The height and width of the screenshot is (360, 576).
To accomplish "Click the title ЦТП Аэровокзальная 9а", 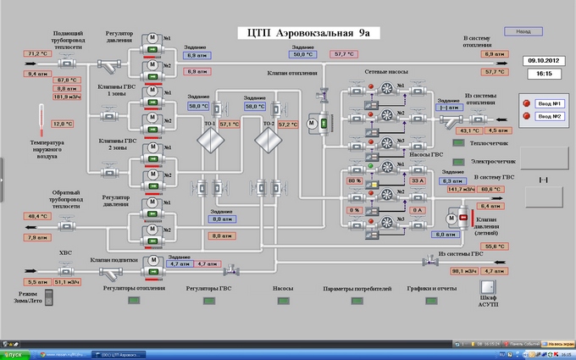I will [x=308, y=33].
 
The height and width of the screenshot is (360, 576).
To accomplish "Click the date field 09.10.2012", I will [x=540, y=61].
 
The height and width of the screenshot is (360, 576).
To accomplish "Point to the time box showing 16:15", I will [x=540, y=75].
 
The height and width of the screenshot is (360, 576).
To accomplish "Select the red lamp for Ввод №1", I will [x=525, y=103].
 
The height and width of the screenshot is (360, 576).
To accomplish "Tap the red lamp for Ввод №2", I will [x=525, y=115].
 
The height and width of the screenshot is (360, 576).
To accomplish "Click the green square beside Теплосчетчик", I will [x=459, y=144].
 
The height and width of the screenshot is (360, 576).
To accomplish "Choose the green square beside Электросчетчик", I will [x=459, y=161].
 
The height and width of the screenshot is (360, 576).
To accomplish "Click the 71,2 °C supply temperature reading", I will [x=36, y=53].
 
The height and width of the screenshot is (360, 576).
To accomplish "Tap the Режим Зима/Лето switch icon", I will [x=48, y=296].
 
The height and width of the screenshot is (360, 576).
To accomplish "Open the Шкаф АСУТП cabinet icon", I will [x=488, y=289].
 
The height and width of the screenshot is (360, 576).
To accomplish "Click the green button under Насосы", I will [x=283, y=300].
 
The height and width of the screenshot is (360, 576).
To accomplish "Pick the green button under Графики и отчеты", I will [x=431, y=300].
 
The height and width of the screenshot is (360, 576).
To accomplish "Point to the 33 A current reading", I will [x=417, y=180].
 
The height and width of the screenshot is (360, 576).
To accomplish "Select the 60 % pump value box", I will [x=354, y=180].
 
